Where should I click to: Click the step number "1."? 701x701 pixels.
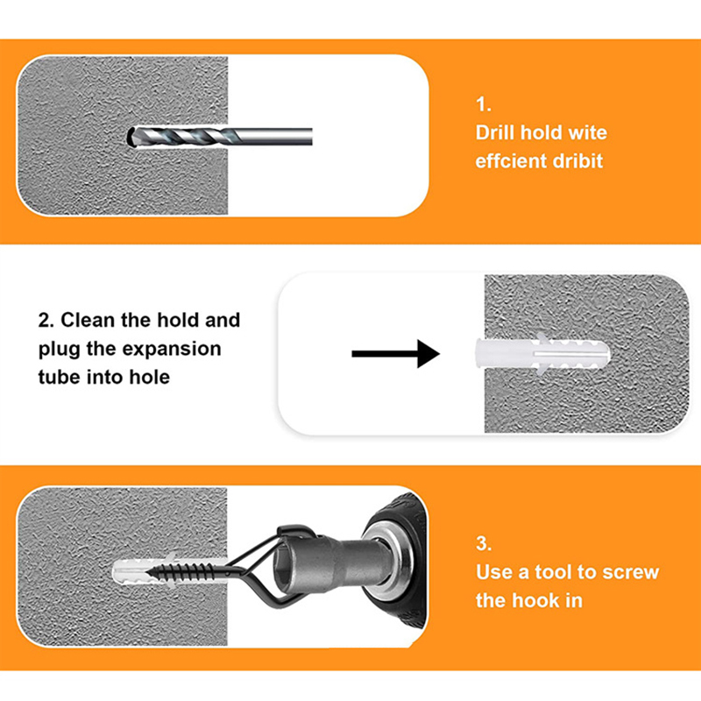[x=484, y=104]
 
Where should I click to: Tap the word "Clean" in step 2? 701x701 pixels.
[x=87, y=320]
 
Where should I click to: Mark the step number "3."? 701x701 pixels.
[x=484, y=543]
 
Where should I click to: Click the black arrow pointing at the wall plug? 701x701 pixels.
[x=396, y=354]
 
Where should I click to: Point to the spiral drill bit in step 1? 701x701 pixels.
[x=220, y=137]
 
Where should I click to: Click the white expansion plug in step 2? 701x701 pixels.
[x=542, y=354]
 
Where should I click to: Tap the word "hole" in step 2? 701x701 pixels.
[x=150, y=377]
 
